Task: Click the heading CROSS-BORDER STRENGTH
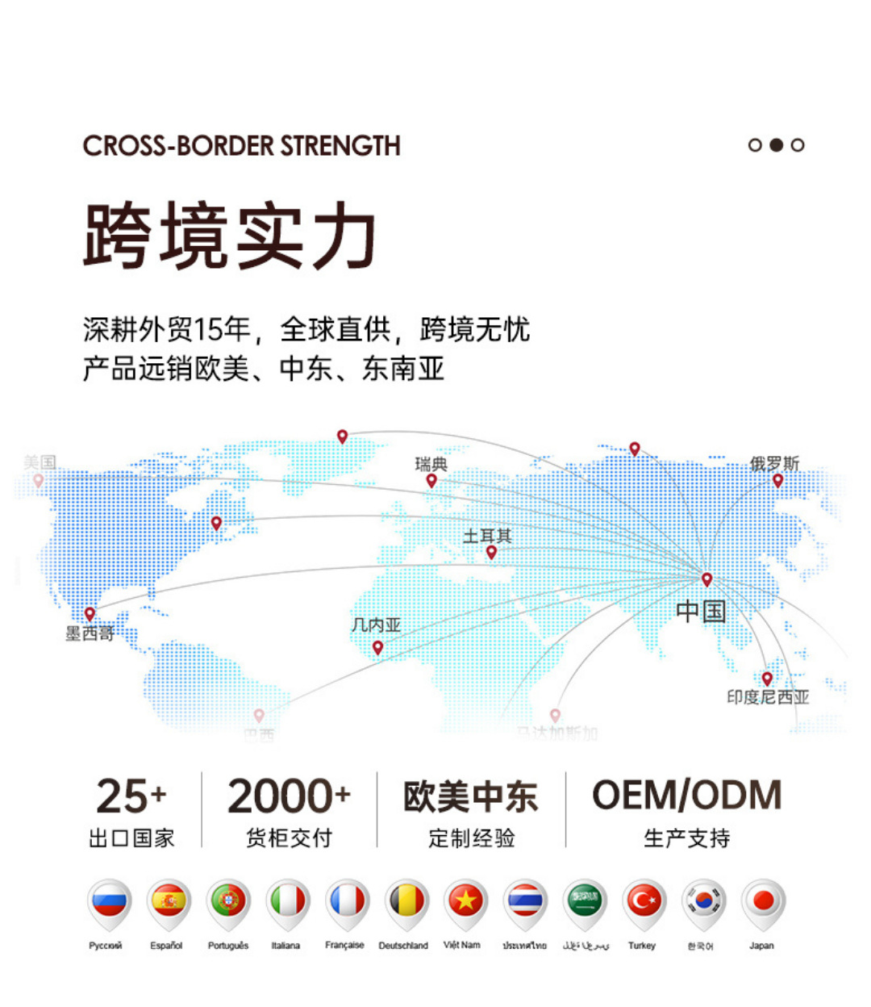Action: click(x=241, y=146)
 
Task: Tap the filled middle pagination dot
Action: click(x=776, y=145)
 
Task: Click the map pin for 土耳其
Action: click(x=491, y=553)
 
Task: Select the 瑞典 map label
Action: click(x=431, y=464)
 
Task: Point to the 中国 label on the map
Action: click(x=701, y=611)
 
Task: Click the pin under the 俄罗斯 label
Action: click(x=777, y=481)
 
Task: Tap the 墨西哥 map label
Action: click(x=90, y=634)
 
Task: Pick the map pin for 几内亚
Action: click(x=377, y=648)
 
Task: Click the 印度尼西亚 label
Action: click(x=768, y=697)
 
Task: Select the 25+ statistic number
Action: click(x=131, y=797)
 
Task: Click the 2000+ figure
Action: click(x=289, y=797)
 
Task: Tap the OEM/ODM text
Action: click(x=687, y=796)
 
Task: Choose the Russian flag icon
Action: click(x=109, y=901)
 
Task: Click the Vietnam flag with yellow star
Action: click(x=465, y=901)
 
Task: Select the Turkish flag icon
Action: click(x=644, y=901)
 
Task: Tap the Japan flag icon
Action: click(x=762, y=901)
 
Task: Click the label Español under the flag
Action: click(x=166, y=946)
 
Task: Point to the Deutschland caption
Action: click(x=403, y=946)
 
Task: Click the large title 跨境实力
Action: click(x=230, y=236)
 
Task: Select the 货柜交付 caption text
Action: click(x=289, y=838)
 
